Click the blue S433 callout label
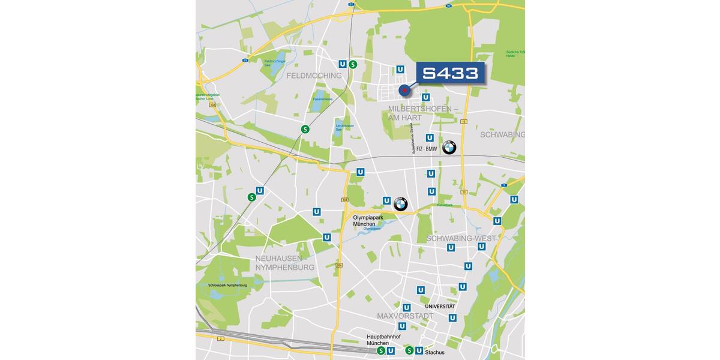point(450,73)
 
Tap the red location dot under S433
point(404,91)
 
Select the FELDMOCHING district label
point(314,76)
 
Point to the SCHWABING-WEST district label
point(461,238)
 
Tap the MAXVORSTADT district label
point(405,316)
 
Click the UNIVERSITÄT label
point(440,307)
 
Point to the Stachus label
point(434,352)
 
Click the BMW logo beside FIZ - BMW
point(449,147)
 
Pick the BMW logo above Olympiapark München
point(401,204)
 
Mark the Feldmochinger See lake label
point(274,62)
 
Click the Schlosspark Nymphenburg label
point(227,285)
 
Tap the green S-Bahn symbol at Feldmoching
point(353,64)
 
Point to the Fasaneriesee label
point(322,99)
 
